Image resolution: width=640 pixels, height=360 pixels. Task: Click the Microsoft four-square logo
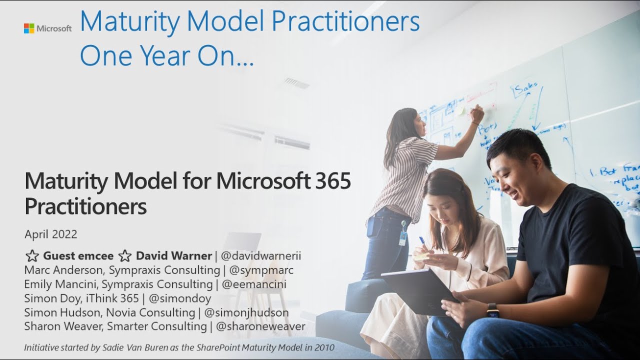[28, 28]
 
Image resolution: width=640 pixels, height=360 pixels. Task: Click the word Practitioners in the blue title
[341, 21]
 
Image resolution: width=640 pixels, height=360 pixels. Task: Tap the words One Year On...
[166, 56]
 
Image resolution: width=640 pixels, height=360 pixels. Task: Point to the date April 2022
[50, 234]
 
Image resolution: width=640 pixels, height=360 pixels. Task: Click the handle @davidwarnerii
[260, 256]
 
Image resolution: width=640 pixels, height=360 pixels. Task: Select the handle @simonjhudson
[246, 312]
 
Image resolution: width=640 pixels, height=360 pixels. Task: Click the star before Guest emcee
[32, 256]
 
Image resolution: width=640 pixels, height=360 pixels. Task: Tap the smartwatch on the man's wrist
[492, 310]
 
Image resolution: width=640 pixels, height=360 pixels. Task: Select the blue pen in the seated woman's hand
[422, 241]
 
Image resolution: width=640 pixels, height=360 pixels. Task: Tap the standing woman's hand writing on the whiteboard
[477, 113]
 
